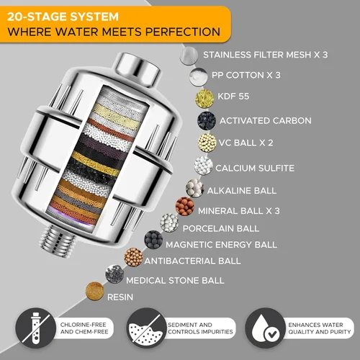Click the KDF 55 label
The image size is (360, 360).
tap(233, 96)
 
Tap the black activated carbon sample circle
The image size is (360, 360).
tap(207, 121)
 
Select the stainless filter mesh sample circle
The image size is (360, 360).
tap(189, 55)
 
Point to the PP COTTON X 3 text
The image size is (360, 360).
tap(246, 75)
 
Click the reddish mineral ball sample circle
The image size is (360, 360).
tap(185, 207)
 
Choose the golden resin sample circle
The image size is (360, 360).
tap(95, 291)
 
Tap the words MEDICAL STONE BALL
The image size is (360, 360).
tap(175, 280)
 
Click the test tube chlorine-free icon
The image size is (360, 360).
tap(36, 328)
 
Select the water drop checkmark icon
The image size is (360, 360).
tap(265, 328)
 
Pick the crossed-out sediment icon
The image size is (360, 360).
tap(147, 328)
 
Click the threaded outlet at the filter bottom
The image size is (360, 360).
tap(58, 241)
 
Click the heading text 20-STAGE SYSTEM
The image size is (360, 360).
tap(63, 17)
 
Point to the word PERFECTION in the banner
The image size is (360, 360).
tap(183, 32)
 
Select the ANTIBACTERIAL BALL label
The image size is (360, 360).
tap(192, 261)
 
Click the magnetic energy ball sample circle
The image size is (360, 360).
tap(153, 240)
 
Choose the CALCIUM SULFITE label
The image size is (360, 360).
tap(255, 168)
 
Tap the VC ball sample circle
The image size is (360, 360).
tap(207, 143)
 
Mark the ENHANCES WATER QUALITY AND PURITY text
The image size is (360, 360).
tap(320, 328)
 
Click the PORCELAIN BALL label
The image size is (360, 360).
tap(221, 228)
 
